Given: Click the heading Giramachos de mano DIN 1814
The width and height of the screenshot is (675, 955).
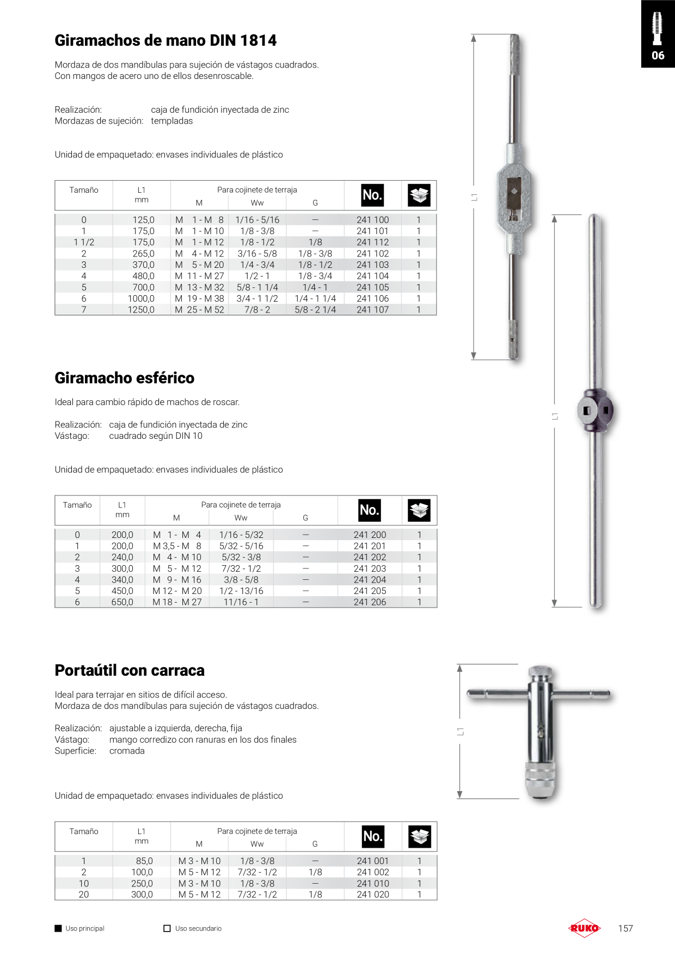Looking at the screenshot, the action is [165, 40].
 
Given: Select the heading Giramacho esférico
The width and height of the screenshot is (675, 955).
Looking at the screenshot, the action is [125, 378].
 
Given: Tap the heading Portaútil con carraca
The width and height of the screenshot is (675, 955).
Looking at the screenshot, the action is [130, 670].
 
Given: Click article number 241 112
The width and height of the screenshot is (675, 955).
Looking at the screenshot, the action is [373, 242].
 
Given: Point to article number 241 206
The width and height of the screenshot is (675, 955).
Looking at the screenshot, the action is [370, 602].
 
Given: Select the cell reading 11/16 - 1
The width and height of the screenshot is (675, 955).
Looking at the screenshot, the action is [241, 602].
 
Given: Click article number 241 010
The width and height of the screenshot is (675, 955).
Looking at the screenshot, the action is [373, 883].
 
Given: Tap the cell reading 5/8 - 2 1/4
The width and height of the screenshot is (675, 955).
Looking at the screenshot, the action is [315, 310].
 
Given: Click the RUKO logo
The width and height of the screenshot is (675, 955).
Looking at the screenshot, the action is [584, 928].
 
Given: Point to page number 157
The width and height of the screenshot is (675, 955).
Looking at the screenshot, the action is [625, 928].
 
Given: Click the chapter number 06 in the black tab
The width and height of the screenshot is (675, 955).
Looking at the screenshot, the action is [658, 56].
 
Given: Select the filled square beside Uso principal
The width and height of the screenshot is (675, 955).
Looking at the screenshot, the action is [58, 928].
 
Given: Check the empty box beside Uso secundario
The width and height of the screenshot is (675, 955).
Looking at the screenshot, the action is [167, 928].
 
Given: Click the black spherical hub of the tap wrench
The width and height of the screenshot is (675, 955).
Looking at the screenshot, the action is [595, 411].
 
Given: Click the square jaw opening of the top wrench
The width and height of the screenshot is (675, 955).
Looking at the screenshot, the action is [513, 192].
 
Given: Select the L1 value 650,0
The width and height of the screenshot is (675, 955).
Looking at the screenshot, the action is [122, 602].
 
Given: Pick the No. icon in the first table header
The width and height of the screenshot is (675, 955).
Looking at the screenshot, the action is [373, 195].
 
